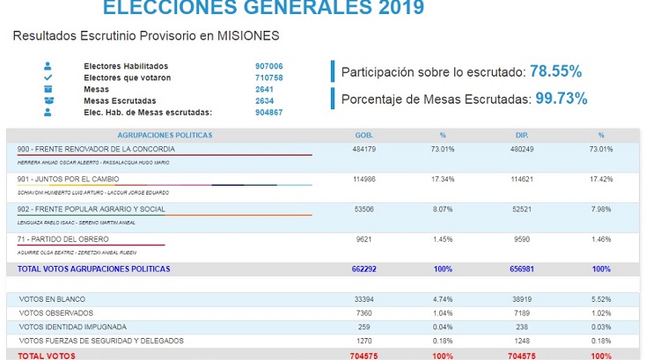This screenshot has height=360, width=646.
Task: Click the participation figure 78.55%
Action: tap(554, 71)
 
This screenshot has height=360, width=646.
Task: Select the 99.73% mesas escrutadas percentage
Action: tap(560, 99)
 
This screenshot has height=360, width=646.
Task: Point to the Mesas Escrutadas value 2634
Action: tap(265, 99)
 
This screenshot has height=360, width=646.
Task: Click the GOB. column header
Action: tap(363, 136)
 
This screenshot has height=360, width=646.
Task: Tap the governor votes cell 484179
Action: tap(363, 150)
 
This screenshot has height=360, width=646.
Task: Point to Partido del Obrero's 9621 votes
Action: tap(363, 239)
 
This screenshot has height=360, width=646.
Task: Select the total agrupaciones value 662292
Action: tap(363, 268)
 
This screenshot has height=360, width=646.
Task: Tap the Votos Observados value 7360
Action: tap(363, 312)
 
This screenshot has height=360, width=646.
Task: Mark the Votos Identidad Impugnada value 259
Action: tap(363, 327)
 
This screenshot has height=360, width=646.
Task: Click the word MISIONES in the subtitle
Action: tap(255, 38)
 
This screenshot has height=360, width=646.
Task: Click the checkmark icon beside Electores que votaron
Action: tap(48, 77)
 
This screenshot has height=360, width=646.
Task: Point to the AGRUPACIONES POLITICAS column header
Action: tap(165, 136)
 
